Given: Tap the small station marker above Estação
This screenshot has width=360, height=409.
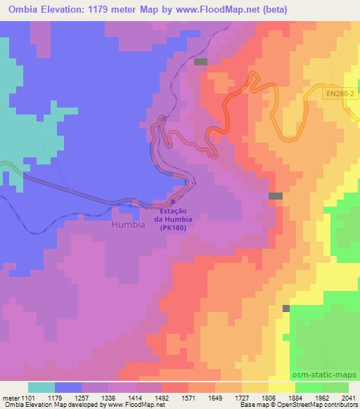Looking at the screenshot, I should (173, 202).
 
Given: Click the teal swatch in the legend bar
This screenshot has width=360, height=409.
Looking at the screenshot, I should (41, 387).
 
